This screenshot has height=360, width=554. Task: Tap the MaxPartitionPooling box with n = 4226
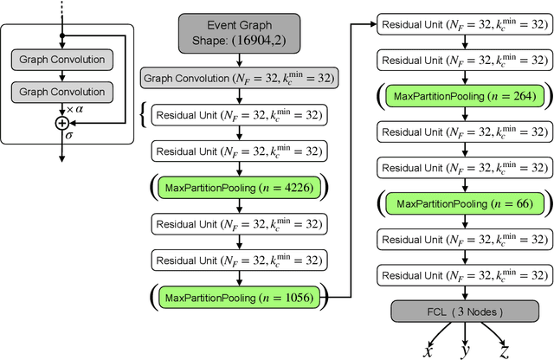tap(238, 188)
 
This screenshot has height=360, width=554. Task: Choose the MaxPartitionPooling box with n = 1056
tap(238, 298)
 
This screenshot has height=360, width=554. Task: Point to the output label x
tap(427, 350)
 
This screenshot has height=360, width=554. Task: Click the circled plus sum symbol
tap(61, 124)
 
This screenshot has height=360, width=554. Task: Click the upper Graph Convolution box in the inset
tap(61, 60)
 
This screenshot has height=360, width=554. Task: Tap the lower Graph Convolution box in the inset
tap(61, 91)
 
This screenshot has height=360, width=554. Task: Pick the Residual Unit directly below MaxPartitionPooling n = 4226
tap(238, 223)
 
